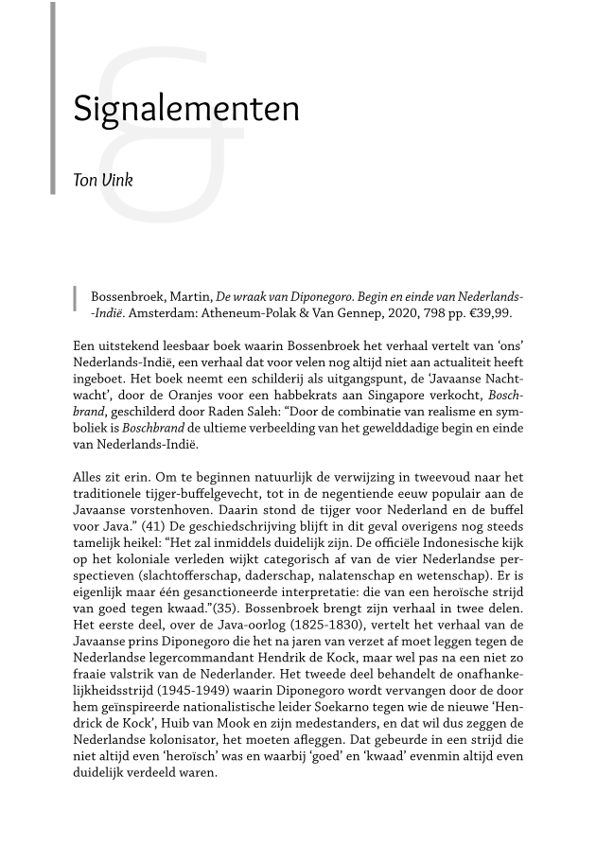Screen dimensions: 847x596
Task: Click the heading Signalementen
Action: tap(186, 110)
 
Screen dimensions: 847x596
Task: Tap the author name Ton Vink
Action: tap(103, 180)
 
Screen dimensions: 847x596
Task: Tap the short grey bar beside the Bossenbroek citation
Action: tap(75, 297)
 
